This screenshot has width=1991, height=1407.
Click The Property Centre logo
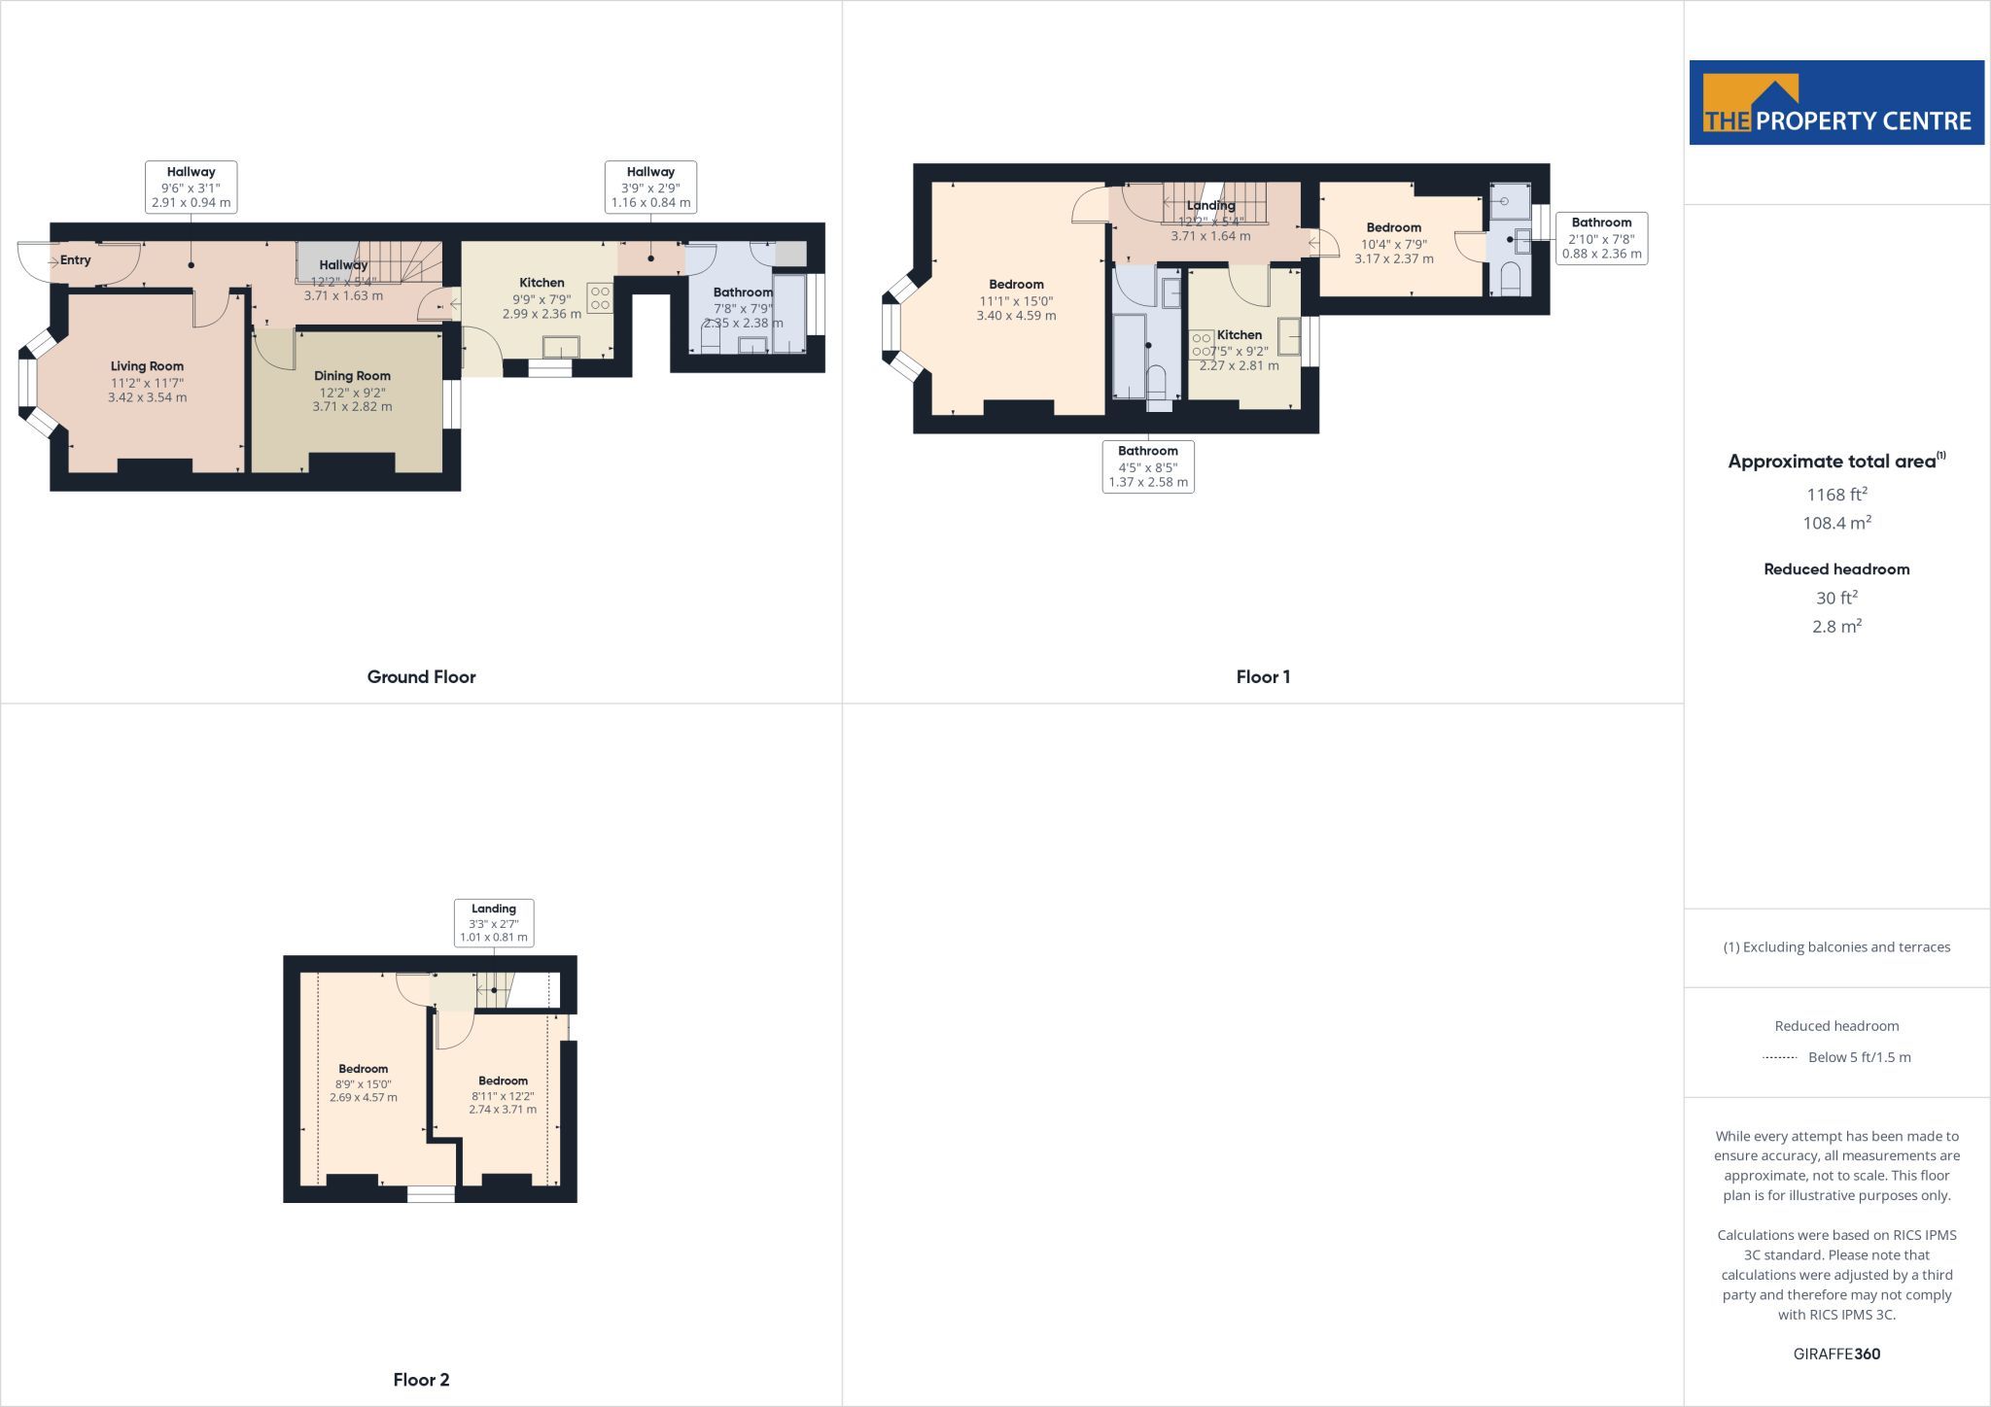click(1836, 103)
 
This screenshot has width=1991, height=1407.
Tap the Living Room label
click(147, 366)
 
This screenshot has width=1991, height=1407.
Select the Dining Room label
click(352, 376)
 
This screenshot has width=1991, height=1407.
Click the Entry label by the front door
click(76, 259)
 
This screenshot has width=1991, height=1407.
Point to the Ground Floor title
click(421, 677)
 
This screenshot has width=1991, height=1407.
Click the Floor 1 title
click(1263, 677)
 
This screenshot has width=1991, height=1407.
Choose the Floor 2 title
click(421, 1380)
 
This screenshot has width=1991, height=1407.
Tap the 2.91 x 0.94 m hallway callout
click(191, 188)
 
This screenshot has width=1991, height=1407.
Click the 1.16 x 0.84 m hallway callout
click(650, 188)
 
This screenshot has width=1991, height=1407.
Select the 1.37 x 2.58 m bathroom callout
click(1148, 466)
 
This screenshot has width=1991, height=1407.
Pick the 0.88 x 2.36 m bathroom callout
click(1602, 238)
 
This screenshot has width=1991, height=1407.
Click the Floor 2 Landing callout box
click(494, 923)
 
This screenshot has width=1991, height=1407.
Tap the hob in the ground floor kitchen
click(600, 297)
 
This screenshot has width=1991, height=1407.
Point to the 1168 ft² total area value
click(1836, 494)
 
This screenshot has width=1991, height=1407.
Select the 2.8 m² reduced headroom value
click(1836, 626)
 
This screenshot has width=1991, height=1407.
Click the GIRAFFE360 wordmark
click(1836, 1354)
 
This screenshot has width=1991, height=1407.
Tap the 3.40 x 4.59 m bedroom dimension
click(1016, 316)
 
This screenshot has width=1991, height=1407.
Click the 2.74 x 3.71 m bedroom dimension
click(503, 1109)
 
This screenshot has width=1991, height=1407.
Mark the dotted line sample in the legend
click(1779, 1057)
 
